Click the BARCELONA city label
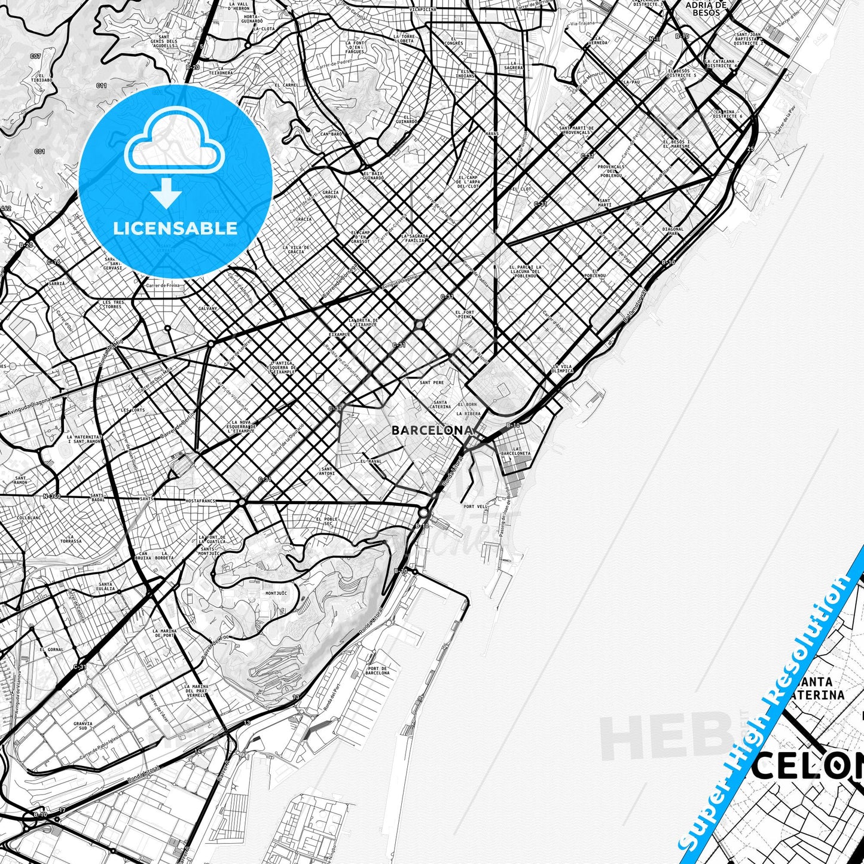click(x=432, y=431)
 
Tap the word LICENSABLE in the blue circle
click(x=175, y=228)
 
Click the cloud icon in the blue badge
click(x=174, y=143)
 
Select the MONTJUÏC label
click(x=276, y=593)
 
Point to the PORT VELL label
click(x=475, y=506)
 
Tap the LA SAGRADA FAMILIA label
click(x=415, y=238)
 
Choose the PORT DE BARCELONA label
click(x=377, y=670)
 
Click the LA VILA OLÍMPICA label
click(x=563, y=368)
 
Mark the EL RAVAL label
click(x=371, y=462)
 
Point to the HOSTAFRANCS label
click(x=200, y=500)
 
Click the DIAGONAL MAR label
click(x=673, y=231)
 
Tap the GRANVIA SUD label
click(x=83, y=726)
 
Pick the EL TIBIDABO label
click(x=45, y=78)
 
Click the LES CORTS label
click(x=133, y=411)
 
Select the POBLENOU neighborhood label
click(x=595, y=276)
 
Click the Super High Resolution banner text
click(x=766, y=706)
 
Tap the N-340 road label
click(x=52, y=496)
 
